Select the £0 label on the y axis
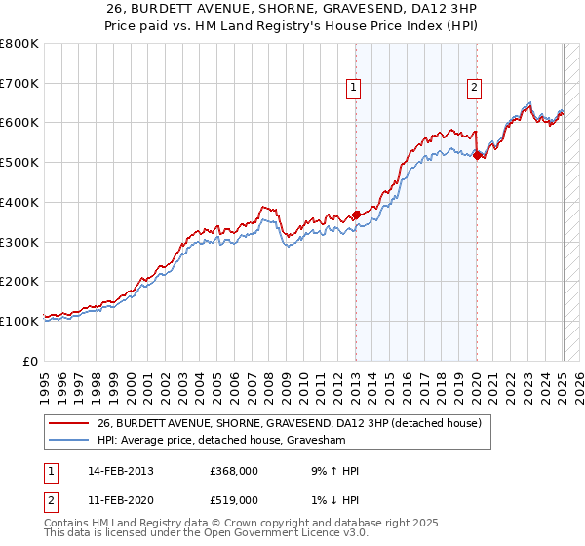(x=31, y=361)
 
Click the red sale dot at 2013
(x=356, y=214)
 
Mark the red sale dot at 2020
(x=476, y=155)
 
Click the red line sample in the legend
(x=68, y=424)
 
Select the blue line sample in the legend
(x=68, y=441)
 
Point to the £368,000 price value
(x=234, y=471)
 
